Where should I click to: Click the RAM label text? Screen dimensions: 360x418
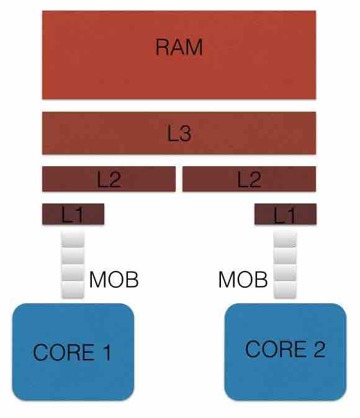pyautogui.click(x=179, y=47)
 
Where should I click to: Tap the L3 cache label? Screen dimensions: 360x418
pyautogui.click(x=179, y=133)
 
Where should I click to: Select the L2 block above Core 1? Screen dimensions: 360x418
pyautogui.click(x=109, y=179)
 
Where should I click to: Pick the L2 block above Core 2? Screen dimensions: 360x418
pyautogui.click(x=250, y=179)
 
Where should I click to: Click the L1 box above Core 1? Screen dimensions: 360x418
pyautogui.click(x=73, y=214)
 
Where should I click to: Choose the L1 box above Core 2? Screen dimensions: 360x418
pyautogui.click(x=286, y=214)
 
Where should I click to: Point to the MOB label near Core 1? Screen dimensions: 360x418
pyautogui.click(x=114, y=280)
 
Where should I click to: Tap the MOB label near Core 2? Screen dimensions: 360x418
pyautogui.click(x=243, y=280)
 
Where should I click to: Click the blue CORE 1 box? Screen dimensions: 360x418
pyautogui.click(x=73, y=352)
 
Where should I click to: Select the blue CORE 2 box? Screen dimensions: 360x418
pyautogui.click(x=286, y=352)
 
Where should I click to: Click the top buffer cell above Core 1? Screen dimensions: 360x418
pyautogui.click(x=73, y=239)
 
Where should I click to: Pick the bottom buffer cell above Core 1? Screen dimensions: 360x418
pyautogui.click(x=73, y=290)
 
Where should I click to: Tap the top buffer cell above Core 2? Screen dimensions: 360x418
pyautogui.click(x=285, y=239)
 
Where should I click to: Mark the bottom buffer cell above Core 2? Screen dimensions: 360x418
pyautogui.click(x=285, y=290)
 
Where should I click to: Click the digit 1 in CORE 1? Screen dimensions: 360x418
pyautogui.click(x=107, y=352)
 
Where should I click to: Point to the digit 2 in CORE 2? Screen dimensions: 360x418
pyautogui.click(x=319, y=349)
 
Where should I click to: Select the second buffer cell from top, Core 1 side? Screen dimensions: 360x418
pyautogui.click(x=73, y=256)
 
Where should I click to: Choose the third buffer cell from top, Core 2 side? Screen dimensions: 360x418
pyautogui.click(x=285, y=273)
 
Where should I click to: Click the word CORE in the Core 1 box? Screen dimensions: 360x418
pyautogui.click(x=64, y=352)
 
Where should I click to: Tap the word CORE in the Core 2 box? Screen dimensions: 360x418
pyautogui.click(x=276, y=349)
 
